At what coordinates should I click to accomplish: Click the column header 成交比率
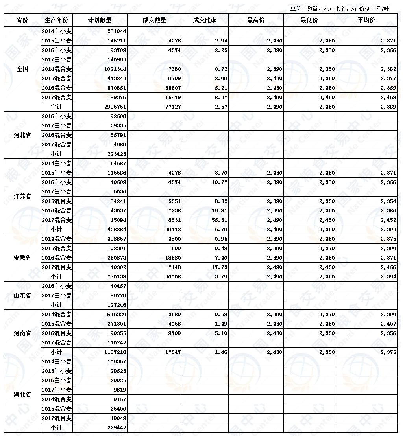click(x=205, y=20)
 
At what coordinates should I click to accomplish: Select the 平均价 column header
click(x=367, y=20)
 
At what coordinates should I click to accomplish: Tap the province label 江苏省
click(x=22, y=197)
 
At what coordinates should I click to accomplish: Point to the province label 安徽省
click(x=22, y=258)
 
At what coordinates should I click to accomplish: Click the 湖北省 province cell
click(x=22, y=395)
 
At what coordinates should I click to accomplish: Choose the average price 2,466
click(x=388, y=267)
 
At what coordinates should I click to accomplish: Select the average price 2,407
click(x=388, y=324)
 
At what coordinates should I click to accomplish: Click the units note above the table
click(x=339, y=9)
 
